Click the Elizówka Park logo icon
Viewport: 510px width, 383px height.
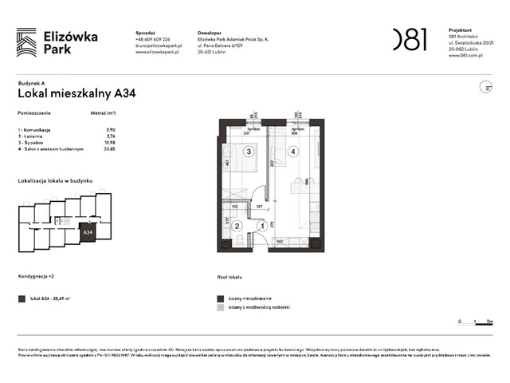[x=26, y=42]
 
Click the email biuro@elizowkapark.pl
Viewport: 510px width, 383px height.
[x=159, y=46]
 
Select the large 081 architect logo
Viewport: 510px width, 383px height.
[x=410, y=39]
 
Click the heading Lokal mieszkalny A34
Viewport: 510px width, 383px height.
[x=76, y=93]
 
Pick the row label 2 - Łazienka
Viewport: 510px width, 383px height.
[x=34, y=136]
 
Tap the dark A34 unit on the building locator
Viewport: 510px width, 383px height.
[x=88, y=233]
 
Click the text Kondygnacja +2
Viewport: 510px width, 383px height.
[x=37, y=276]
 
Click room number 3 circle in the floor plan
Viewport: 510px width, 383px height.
[x=249, y=151]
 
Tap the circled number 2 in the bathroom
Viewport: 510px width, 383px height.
[x=237, y=226]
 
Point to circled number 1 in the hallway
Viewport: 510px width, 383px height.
[x=261, y=226]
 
